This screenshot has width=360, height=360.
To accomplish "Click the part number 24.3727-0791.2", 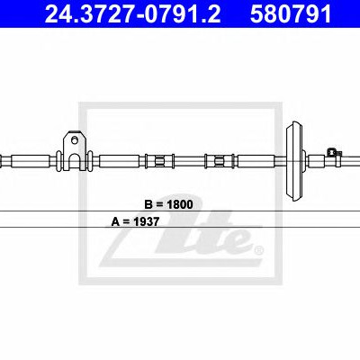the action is pyautogui.click(x=132, y=13).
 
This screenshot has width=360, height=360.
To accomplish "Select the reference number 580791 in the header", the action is pyautogui.click(x=291, y=13).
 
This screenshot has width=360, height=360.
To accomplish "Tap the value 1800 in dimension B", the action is pyautogui.click(x=180, y=204).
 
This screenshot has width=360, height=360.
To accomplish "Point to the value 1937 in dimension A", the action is pyautogui.click(x=147, y=221).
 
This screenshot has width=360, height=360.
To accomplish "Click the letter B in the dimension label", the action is pyautogui.click(x=148, y=204).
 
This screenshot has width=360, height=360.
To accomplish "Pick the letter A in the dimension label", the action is pyautogui.click(x=115, y=221).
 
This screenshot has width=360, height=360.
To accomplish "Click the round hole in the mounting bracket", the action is pyautogui.click(x=74, y=139).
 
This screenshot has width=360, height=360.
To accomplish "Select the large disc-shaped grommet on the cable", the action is pyautogui.click(x=295, y=161).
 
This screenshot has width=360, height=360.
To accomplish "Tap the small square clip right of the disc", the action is pyautogui.click(x=332, y=152).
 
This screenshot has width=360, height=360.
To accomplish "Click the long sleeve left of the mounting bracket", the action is pyautogui.click(x=31, y=161).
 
